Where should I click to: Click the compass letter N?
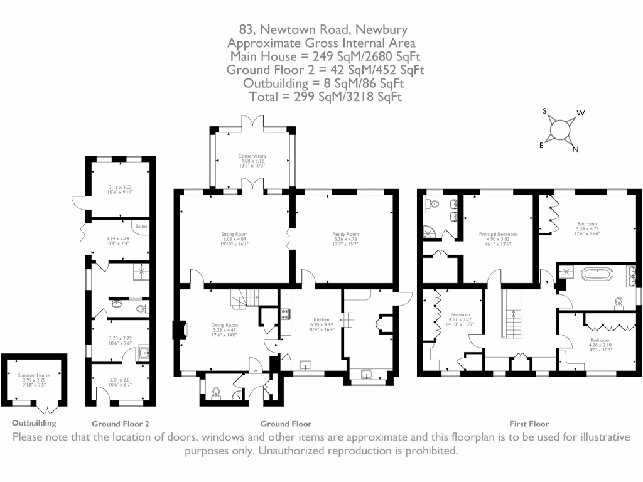pos(575,149)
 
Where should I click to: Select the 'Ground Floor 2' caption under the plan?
pos(121,424)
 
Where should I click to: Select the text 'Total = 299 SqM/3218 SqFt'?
pos(325,97)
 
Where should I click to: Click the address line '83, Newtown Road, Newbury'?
pos(323,29)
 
